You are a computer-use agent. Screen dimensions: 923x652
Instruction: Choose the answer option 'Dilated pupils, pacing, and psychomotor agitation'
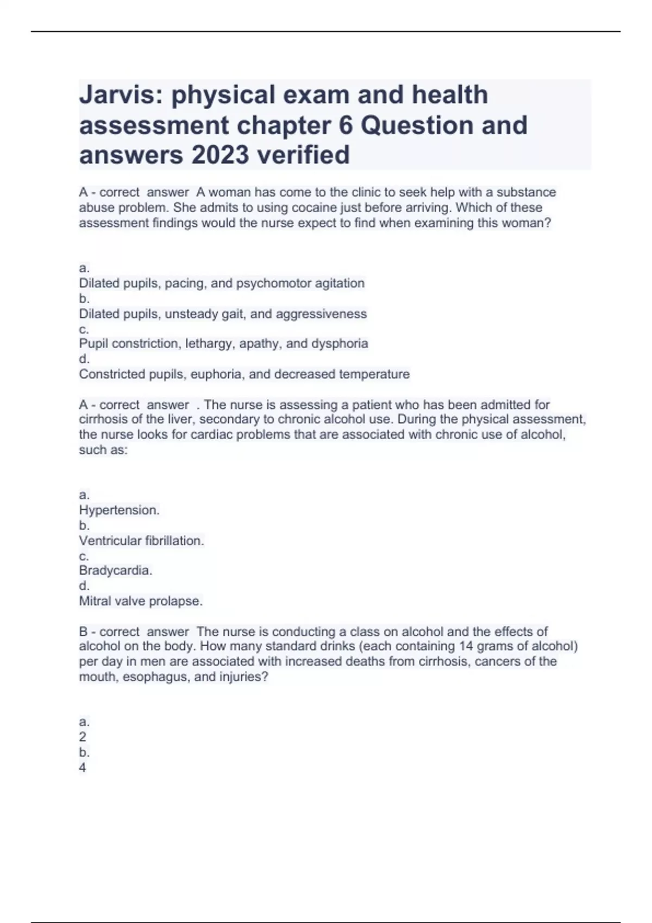[222, 283]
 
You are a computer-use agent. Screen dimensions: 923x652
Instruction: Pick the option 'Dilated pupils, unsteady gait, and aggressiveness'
[223, 314]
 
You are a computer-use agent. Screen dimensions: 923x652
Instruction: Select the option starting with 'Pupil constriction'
[223, 344]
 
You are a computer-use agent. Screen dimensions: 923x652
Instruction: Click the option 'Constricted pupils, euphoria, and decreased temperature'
[244, 374]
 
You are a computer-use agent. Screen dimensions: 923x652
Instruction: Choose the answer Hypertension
[119, 510]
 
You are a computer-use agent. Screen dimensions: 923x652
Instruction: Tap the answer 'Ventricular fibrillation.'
[141, 541]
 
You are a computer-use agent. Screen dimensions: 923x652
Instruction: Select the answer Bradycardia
[115, 571]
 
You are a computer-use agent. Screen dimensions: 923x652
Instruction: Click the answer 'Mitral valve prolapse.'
[141, 601]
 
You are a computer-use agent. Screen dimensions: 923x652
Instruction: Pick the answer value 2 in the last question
[83, 737]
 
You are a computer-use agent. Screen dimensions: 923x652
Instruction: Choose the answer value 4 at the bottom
[83, 768]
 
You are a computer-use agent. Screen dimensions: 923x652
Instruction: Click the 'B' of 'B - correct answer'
[83, 632]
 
